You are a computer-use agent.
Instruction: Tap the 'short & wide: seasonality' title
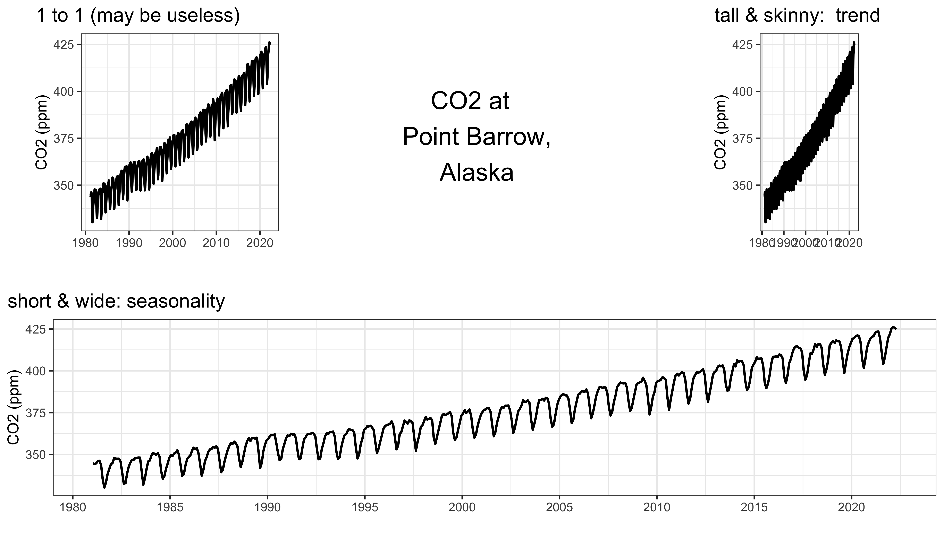116,301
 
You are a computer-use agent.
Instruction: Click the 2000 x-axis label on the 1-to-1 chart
172,243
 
